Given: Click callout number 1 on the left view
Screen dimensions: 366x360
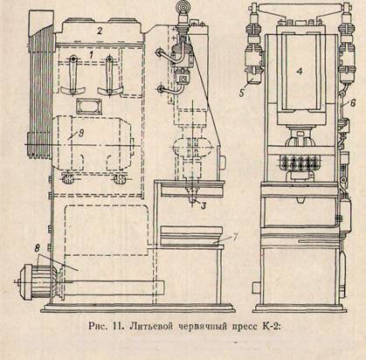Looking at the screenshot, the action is tap(92, 54).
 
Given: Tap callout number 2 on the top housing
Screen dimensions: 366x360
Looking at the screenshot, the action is tap(100, 31).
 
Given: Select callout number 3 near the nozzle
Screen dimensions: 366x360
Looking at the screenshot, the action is tap(203, 206).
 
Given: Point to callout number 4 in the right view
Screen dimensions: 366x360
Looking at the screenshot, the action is tap(299, 72).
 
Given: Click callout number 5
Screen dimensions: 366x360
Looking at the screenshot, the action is tap(242, 93).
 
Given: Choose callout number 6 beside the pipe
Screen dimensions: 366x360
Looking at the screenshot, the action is tap(353, 103).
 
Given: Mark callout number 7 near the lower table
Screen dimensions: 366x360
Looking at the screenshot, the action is tap(235, 238).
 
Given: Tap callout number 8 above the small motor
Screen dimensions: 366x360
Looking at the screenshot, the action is tap(38, 248).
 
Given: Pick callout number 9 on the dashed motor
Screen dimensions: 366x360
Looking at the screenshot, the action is tap(81, 133).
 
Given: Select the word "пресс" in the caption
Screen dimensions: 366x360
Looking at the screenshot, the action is tap(244, 327).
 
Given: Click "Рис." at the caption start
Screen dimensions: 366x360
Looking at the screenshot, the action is tap(98, 326).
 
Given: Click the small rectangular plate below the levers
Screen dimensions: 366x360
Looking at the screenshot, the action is tap(89, 107).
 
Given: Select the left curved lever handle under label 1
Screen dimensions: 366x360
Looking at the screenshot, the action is tap(72, 75).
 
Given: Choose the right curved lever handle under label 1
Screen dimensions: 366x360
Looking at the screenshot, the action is tap(110, 75).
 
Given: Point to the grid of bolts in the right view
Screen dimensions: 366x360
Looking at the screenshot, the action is tap(299, 162).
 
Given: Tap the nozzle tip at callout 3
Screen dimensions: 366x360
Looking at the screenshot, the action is tap(192, 200).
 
